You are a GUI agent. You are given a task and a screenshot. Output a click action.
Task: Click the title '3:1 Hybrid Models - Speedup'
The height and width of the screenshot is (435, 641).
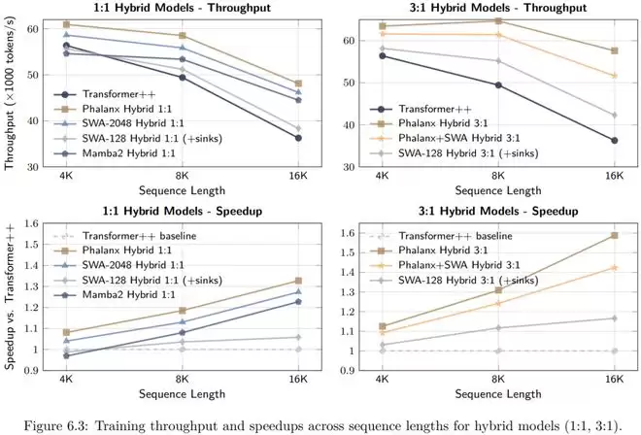(x=497, y=210)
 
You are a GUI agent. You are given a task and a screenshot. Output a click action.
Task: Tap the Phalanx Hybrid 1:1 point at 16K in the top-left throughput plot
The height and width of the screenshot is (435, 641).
(x=298, y=84)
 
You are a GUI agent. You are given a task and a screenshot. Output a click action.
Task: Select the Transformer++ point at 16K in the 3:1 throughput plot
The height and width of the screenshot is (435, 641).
(x=614, y=141)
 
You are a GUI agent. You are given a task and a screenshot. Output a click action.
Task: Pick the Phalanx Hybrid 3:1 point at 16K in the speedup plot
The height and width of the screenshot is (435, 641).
(x=614, y=235)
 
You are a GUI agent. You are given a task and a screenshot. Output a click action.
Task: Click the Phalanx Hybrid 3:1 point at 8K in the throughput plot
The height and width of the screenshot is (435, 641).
(x=498, y=20)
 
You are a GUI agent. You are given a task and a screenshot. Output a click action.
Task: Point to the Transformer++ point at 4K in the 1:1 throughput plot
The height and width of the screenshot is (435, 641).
(x=66, y=46)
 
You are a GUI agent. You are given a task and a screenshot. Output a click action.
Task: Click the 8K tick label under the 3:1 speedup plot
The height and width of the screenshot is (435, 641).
(x=498, y=380)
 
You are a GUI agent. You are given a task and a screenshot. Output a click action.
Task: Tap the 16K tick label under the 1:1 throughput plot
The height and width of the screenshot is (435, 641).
(x=297, y=177)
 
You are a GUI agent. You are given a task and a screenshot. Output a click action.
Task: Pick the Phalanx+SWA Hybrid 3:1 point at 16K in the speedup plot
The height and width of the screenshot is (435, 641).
(x=614, y=267)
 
